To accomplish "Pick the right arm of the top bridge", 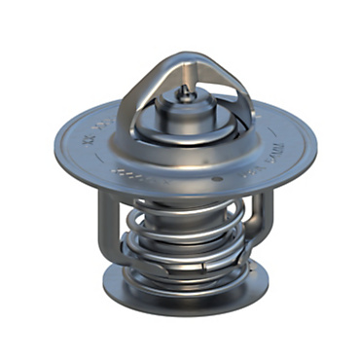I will click(234, 92).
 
